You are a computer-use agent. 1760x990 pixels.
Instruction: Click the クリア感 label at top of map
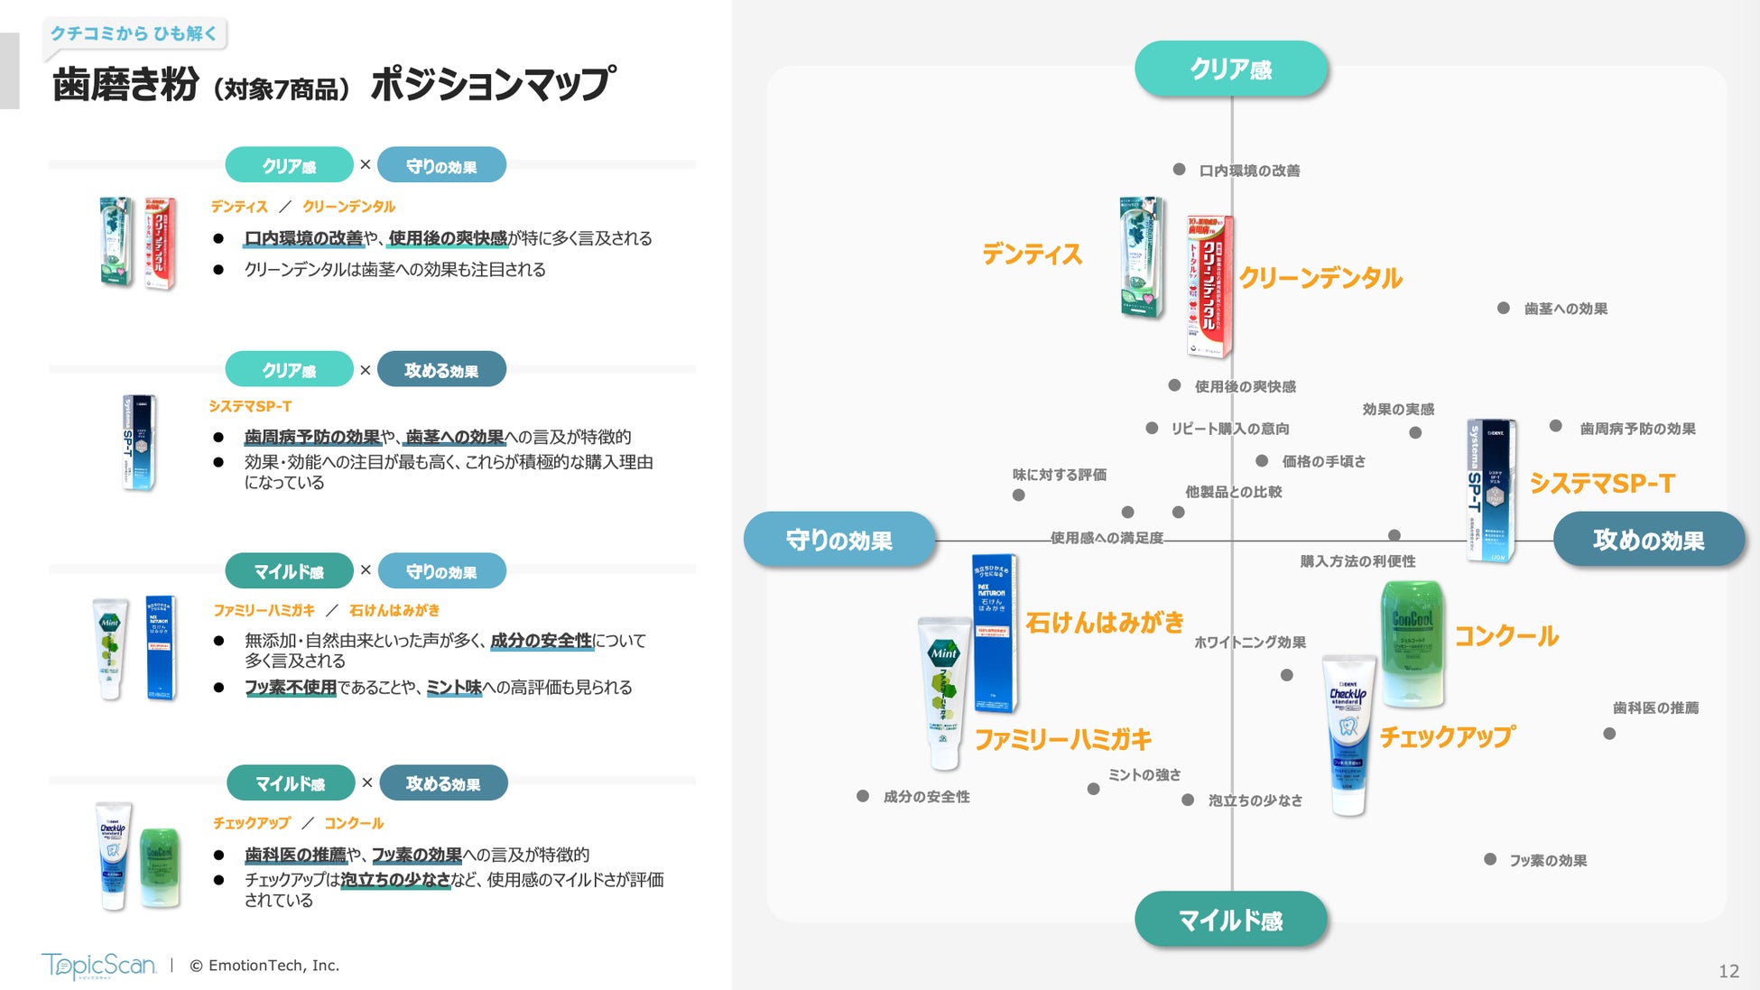click(x=1230, y=69)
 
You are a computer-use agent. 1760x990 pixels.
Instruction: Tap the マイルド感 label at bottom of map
click(x=1230, y=920)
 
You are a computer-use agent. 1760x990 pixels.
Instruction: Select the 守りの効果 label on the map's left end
click(x=838, y=540)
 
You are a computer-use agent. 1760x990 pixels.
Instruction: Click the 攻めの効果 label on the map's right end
click(x=1648, y=540)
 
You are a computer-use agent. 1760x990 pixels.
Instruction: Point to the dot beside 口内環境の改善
click(x=1179, y=169)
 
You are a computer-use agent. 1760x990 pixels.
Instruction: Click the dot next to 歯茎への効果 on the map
click(x=1503, y=308)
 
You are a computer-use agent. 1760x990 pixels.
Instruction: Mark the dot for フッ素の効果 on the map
click(x=1489, y=859)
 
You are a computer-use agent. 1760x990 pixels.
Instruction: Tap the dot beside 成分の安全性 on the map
click(x=863, y=796)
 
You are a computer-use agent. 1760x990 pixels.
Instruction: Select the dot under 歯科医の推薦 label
click(x=1609, y=734)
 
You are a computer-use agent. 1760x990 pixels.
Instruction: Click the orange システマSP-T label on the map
click(x=1602, y=484)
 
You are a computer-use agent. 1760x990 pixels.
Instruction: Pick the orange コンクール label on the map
click(x=1506, y=636)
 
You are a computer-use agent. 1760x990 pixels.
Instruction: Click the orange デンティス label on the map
click(x=1032, y=254)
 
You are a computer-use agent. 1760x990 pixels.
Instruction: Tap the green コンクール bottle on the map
click(x=1413, y=643)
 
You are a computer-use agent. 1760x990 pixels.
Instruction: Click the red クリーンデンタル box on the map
click(x=1209, y=286)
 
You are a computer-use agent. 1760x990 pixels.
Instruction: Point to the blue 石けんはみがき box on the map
click(x=994, y=632)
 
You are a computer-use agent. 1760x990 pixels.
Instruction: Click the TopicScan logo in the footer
click(x=98, y=965)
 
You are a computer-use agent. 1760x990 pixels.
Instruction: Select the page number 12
click(x=1728, y=971)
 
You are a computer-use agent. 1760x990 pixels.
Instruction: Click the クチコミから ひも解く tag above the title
click(x=134, y=33)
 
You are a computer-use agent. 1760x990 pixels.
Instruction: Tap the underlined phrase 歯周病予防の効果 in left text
click(x=312, y=437)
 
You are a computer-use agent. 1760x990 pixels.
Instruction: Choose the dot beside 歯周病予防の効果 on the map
click(x=1555, y=426)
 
